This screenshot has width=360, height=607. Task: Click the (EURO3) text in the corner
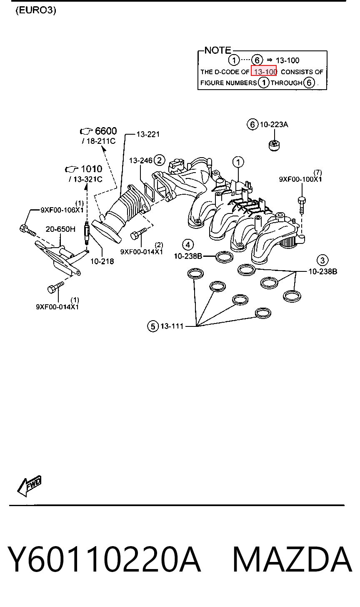(36, 10)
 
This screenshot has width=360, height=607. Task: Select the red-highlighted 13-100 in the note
(264, 71)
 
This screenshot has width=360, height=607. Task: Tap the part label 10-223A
(274, 124)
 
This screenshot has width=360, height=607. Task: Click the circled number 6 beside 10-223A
(252, 124)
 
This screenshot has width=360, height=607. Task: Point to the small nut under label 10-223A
(274, 145)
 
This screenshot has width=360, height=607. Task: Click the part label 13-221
(148, 134)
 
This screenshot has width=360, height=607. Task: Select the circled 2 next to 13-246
(159, 160)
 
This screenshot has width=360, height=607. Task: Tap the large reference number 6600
(106, 131)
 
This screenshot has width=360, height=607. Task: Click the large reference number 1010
(92, 169)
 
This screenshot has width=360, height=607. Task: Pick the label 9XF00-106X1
(62, 210)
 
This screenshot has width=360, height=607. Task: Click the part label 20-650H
(60, 229)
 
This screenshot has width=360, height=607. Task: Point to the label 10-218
(102, 261)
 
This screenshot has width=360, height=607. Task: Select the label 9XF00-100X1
(300, 179)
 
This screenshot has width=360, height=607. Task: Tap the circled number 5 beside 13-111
(153, 326)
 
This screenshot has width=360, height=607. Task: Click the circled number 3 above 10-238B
(322, 261)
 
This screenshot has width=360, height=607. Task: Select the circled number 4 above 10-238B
(188, 245)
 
